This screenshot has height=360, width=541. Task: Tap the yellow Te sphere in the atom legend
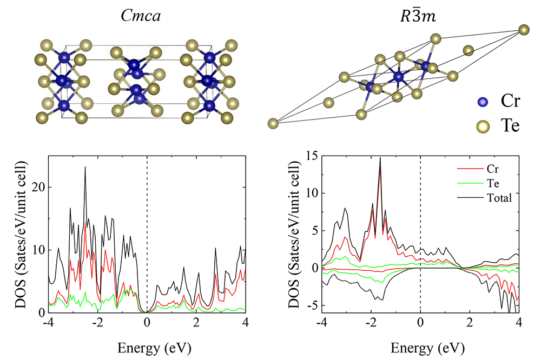483,126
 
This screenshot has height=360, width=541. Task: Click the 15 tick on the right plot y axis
312,156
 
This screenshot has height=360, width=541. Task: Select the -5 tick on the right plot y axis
312,305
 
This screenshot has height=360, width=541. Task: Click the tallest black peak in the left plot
85,167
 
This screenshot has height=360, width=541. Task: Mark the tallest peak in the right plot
380,158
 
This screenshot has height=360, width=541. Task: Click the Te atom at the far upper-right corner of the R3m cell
523,29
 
